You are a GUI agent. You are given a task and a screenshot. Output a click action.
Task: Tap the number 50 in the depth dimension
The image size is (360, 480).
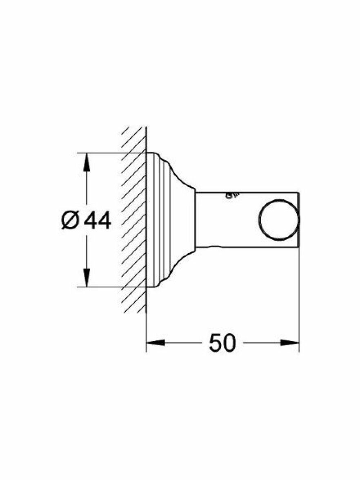(222, 342)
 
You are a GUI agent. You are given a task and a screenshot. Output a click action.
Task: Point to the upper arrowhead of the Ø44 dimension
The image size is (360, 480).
(87, 162)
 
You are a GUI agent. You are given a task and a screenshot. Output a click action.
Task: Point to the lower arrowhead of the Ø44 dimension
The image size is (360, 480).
(87, 278)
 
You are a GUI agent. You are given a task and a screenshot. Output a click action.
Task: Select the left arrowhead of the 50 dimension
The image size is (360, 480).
(156, 342)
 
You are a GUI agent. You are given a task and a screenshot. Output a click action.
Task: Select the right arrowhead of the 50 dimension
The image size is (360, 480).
(289, 342)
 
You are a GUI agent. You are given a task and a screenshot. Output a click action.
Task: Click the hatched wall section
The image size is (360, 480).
(134, 220)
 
